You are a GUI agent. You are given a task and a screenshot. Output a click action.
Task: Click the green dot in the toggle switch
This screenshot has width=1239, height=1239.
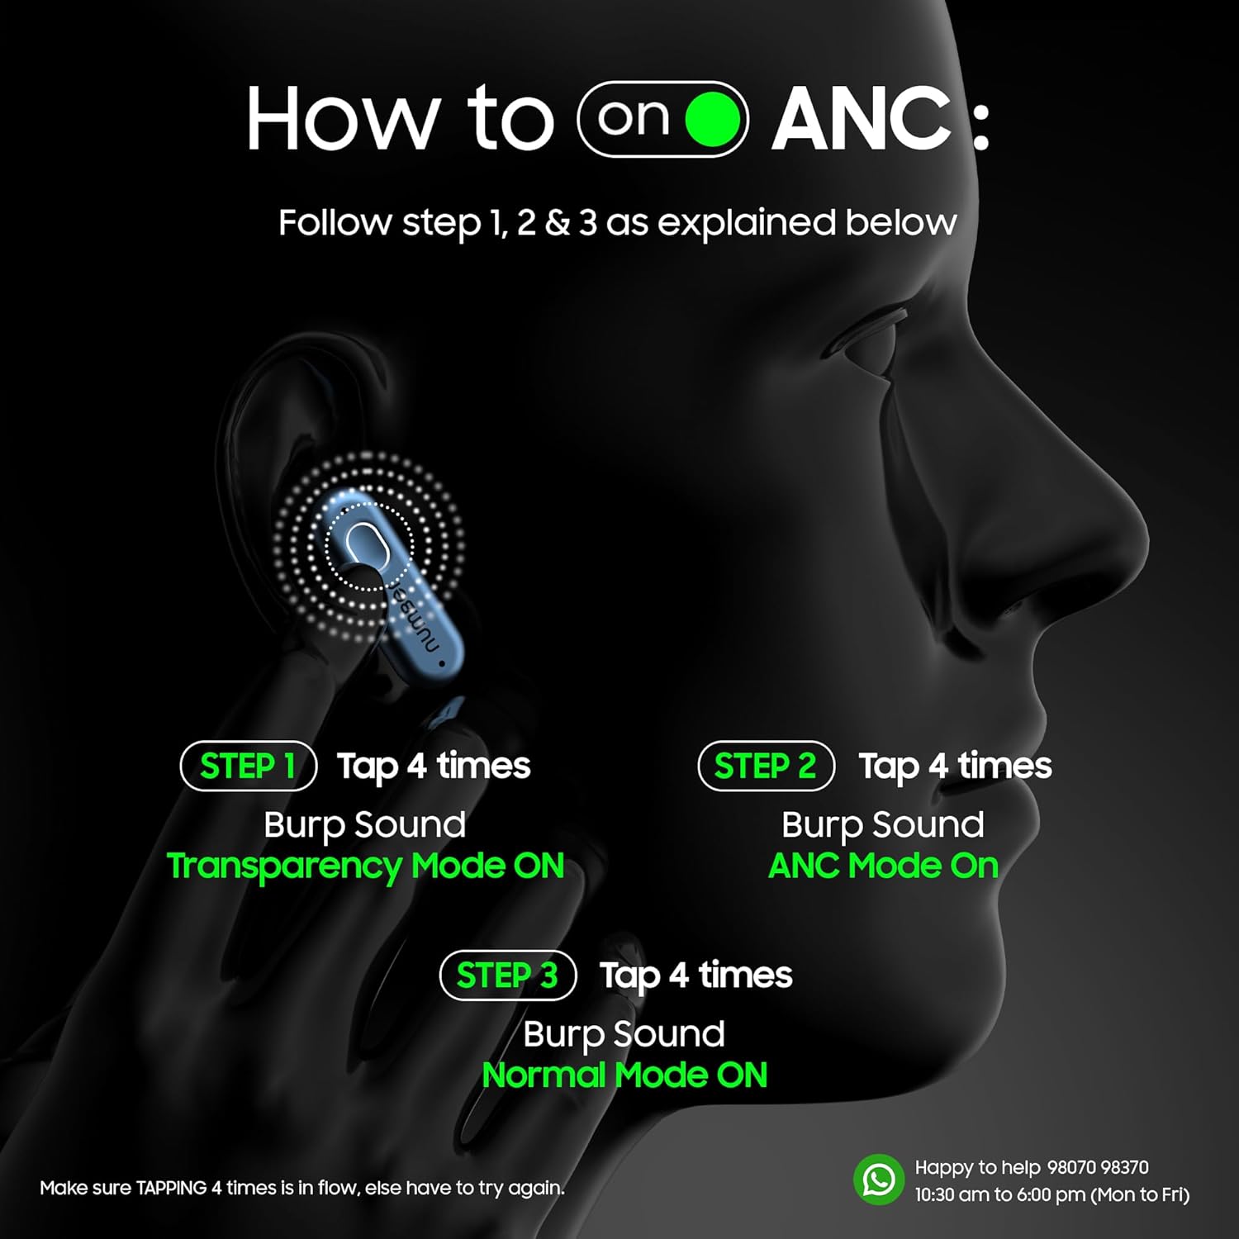pos(712,119)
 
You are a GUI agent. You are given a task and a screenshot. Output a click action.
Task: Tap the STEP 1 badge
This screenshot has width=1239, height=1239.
pos(249,766)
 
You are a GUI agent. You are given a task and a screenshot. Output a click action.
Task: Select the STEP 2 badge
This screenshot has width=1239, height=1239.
pos(766,766)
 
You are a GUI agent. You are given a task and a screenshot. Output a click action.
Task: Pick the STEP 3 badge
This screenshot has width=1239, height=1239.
pos(507,975)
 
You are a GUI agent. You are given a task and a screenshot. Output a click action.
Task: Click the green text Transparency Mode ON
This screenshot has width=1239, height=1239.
pos(365,866)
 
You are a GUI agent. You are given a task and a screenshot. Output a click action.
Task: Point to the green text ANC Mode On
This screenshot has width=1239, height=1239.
pos(883,866)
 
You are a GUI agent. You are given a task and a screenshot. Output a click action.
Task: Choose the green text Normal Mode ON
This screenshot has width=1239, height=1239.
pos(624,1075)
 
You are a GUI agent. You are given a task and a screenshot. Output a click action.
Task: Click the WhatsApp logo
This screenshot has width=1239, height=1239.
pos(879,1180)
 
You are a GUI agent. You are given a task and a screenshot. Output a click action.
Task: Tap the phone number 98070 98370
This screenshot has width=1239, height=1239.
pos(1098,1167)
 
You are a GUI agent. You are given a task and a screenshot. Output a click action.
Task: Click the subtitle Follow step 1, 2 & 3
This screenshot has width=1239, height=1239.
pos(618,223)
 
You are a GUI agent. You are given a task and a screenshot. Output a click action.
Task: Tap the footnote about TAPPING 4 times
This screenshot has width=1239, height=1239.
pos(302,1188)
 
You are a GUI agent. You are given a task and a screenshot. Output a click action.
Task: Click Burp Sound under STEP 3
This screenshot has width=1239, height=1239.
pos(624,1034)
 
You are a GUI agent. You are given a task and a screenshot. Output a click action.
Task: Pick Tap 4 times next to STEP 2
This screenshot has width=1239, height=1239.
pos(955,767)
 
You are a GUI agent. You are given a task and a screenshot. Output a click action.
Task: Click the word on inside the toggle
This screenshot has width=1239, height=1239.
pos(634,118)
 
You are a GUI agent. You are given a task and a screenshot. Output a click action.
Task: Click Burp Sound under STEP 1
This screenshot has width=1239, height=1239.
pos(365,825)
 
